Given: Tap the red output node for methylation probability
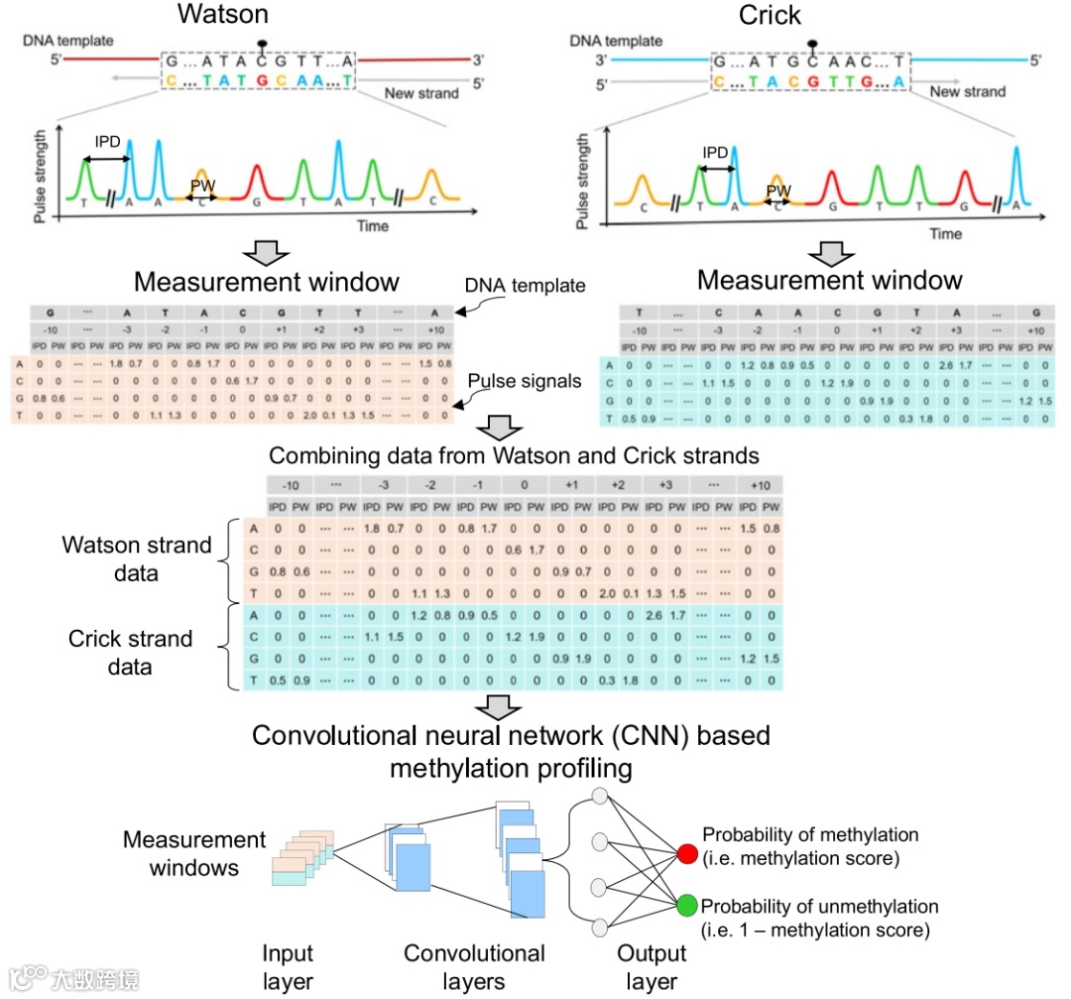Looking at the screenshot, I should (686, 852).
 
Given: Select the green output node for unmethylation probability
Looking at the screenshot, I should (686, 906).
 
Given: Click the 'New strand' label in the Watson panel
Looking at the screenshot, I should (421, 93).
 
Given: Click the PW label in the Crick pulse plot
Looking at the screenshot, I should (778, 189).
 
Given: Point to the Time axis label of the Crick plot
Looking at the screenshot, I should (945, 234).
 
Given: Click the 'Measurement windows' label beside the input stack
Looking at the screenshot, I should (194, 853).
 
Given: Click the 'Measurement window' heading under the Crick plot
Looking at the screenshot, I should (829, 280).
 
